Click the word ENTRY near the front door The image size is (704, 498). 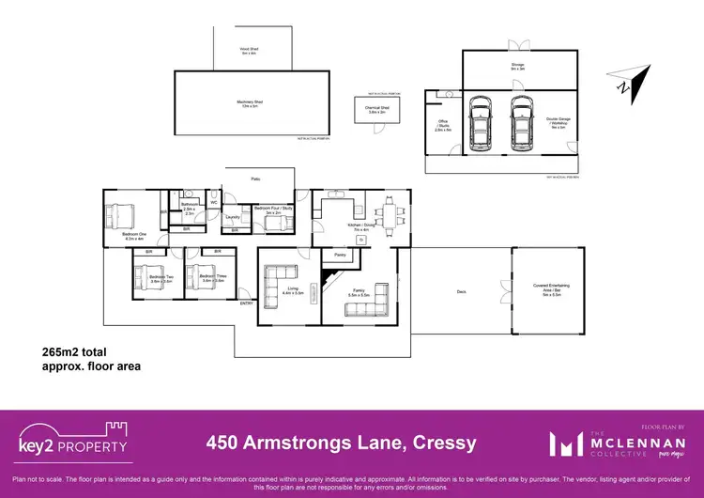pyautogui.click(x=246, y=303)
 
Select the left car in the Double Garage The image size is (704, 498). pyautogui.click(x=480, y=124)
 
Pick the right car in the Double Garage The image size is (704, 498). pyautogui.click(x=520, y=124)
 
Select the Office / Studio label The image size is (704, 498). pyautogui.click(x=443, y=129)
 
